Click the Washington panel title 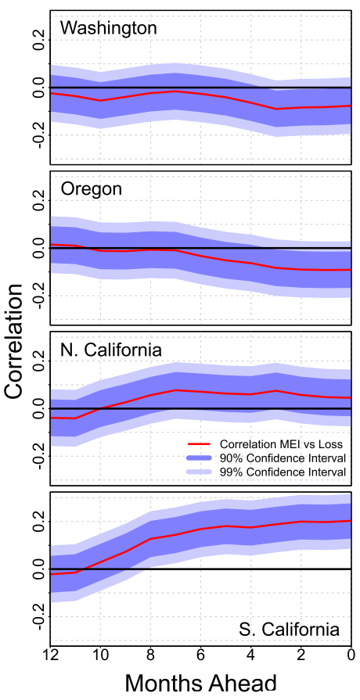click(109, 29)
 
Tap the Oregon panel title click(91, 189)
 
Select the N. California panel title click(111, 350)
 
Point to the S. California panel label click(289, 630)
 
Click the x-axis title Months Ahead click(200, 683)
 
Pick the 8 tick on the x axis click(150, 655)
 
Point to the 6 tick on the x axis click(200, 655)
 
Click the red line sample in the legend click(199, 444)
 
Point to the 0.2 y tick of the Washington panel click(40, 40)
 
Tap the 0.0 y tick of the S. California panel click(40, 569)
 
